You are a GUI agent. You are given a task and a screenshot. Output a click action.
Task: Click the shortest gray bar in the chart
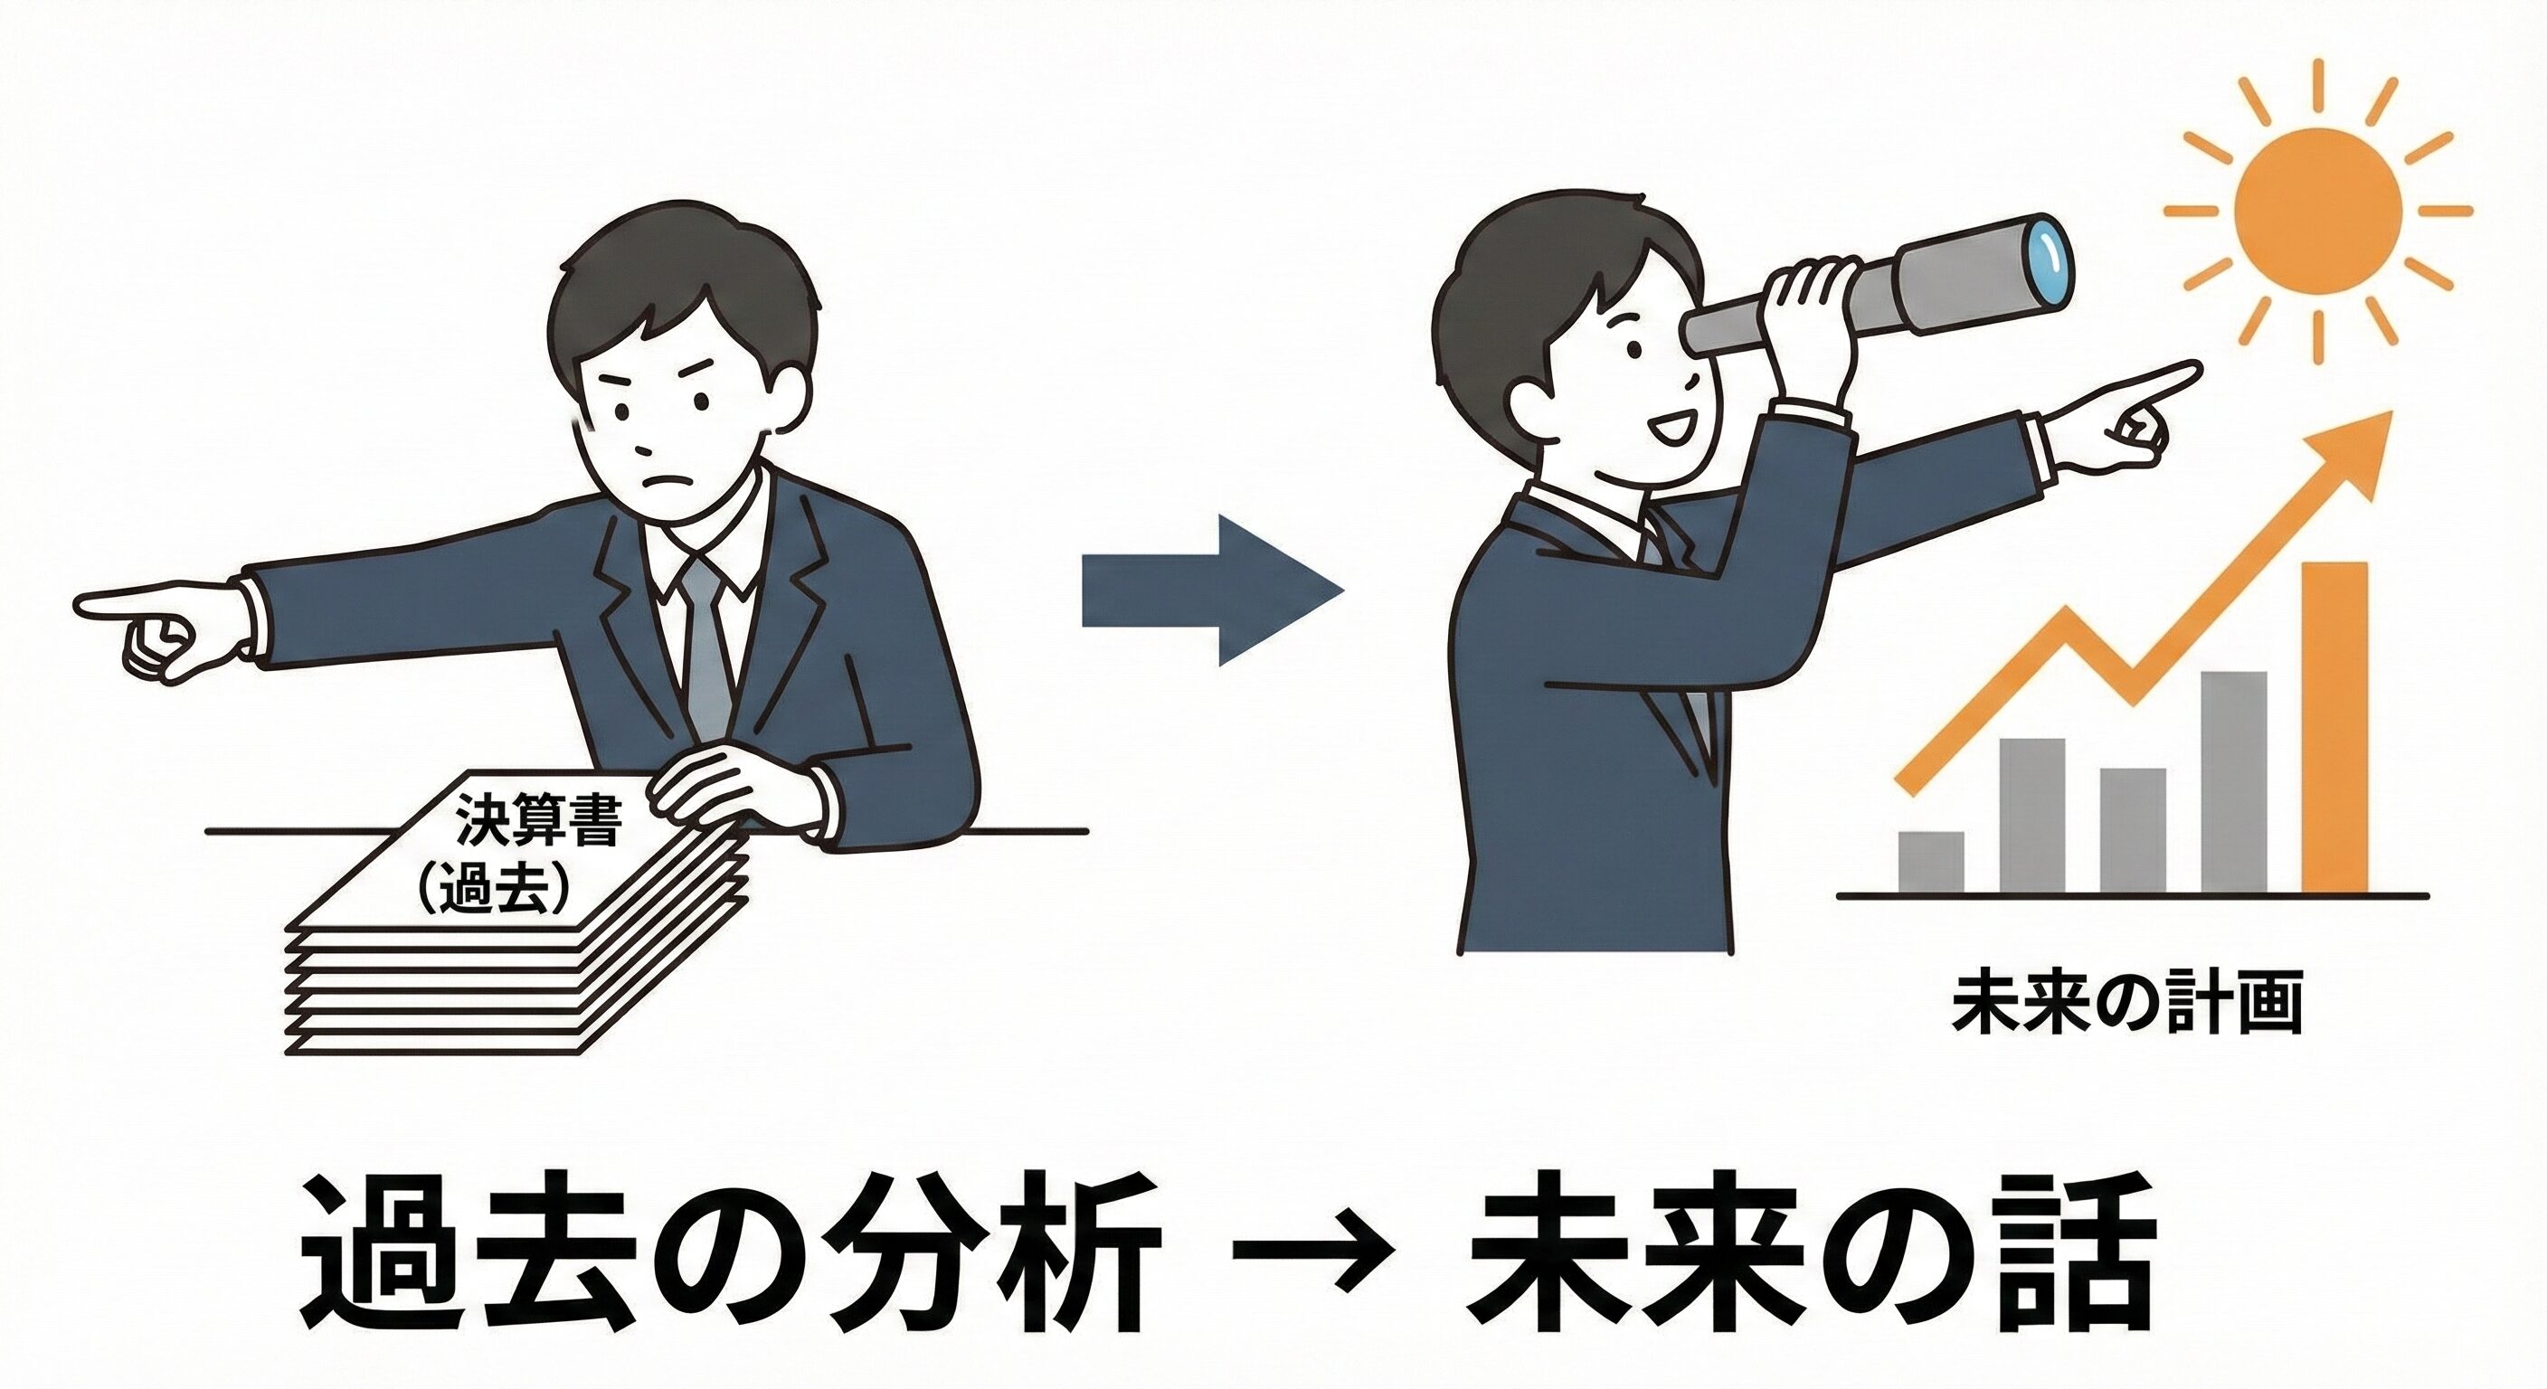pyautogui.click(x=1931, y=861)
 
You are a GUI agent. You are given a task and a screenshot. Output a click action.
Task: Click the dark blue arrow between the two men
pyautogui.click(x=1214, y=591)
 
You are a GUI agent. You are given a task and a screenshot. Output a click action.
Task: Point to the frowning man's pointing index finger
pyautogui.click(x=118, y=602)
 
